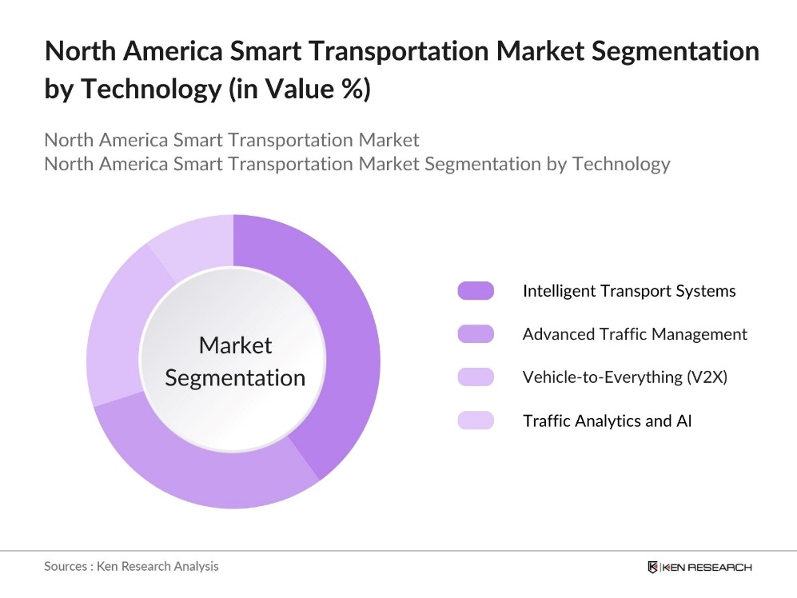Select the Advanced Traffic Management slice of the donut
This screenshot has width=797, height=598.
[x=200, y=472]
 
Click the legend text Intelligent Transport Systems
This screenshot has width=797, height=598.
[x=628, y=291]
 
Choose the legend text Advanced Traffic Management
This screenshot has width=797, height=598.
[x=635, y=334]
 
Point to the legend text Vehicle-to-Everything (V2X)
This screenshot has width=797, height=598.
[x=624, y=377]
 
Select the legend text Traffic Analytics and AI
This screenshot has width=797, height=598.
[x=607, y=421]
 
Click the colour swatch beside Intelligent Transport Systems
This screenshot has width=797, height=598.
[x=476, y=291]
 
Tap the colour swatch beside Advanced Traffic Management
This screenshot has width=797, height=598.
[x=476, y=334]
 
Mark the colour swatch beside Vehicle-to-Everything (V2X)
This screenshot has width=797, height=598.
[x=476, y=377]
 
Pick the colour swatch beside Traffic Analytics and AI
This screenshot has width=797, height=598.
[x=476, y=421]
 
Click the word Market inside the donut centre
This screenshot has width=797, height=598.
[x=235, y=345]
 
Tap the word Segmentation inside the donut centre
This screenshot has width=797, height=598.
[x=235, y=377]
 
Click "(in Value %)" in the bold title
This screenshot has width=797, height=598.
[x=299, y=90]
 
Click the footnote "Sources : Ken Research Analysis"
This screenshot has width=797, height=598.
[x=131, y=566]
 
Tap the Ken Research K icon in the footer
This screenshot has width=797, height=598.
[x=652, y=567]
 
